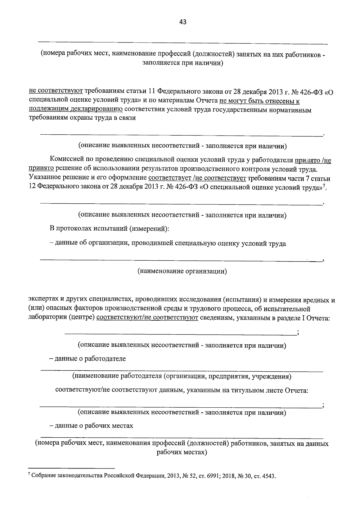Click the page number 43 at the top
[183, 22]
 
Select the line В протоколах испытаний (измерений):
[109, 229]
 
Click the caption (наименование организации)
[182, 271]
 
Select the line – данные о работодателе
[88, 359]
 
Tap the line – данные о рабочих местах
[91, 426]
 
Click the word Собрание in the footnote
[42, 476]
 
